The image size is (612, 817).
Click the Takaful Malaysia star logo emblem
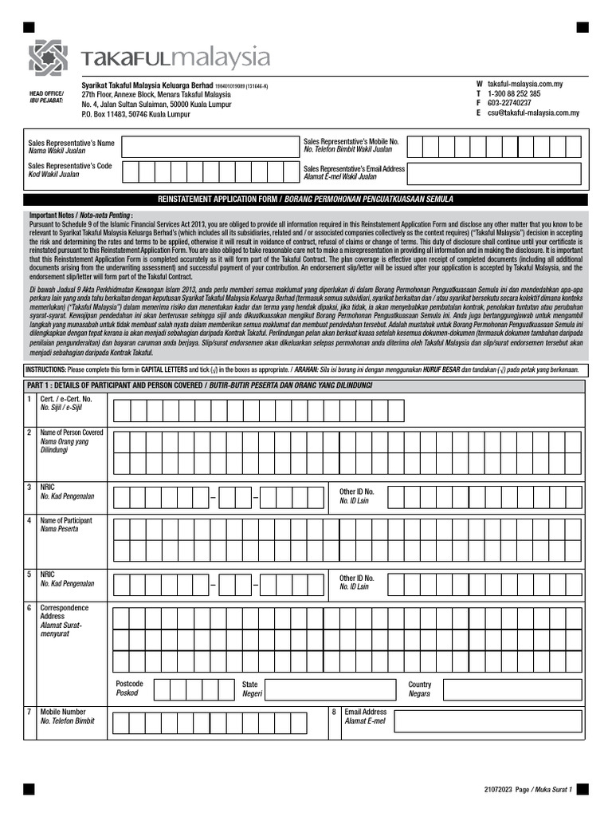tap(49, 57)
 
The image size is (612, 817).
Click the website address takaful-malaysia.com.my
tap(525, 84)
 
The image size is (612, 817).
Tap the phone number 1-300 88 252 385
tap(514, 93)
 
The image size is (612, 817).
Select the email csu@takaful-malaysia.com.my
tap(533, 113)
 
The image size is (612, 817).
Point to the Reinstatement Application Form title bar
tap(306, 199)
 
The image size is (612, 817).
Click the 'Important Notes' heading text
tap(80, 215)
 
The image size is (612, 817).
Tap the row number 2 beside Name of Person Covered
tap(29, 432)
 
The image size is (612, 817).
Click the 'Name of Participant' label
tap(66, 521)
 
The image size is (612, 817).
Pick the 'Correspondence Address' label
tap(65, 613)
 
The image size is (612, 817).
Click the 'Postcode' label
tap(129, 685)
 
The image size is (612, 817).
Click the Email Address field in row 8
tap(488, 721)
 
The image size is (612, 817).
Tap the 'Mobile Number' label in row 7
tap(63, 712)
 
